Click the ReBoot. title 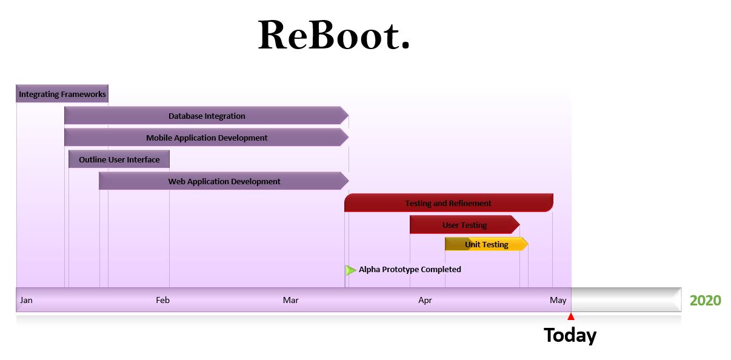[x=333, y=35]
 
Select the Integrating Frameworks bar [x=62, y=94]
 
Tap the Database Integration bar [x=207, y=116]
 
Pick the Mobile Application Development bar [x=207, y=138]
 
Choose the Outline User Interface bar [x=119, y=159]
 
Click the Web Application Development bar [x=224, y=181]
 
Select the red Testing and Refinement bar [x=449, y=203]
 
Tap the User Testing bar [x=465, y=225]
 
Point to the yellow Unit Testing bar [x=487, y=244]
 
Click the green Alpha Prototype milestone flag [x=350, y=270]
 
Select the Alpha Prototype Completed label [x=410, y=269]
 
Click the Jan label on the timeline [x=26, y=300]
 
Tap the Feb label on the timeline [x=162, y=300]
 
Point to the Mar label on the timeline [x=290, y=300]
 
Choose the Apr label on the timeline [x=425, y=300]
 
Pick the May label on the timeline [x=558, y=300]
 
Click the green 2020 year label [x=705, y=300]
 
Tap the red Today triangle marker [x=571, y=316]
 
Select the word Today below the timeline [x=570, y=335]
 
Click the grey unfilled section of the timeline [x=626, y=299]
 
